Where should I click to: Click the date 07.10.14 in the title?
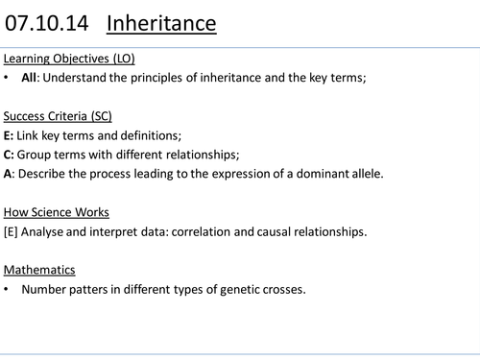(x=47, y=21)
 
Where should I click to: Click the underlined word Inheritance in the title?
(x=160, y=21)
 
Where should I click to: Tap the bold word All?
(x=29, y=79)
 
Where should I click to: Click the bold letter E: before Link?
(x=10, y=135)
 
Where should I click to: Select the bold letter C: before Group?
(x=10, y=155)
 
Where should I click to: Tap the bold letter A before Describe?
(x=9, y=174)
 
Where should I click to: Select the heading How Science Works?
(x=56, y=212)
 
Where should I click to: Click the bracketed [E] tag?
(x=12, y=230)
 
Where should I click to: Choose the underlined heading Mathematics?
(x=39, y=270)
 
